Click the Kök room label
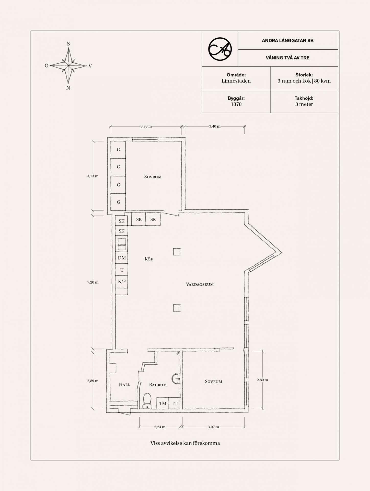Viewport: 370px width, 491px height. click(x=149, y=259)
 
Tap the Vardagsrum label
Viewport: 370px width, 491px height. click(x=200, y=284)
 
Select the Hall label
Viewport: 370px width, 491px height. click(x=124, y=384)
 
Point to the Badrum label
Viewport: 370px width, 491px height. click(x=158, y=385)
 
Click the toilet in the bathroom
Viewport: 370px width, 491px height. click(x=147, y=401)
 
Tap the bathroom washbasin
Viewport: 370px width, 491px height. click(x=176, y=379)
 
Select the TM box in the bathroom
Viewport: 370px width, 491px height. click(x=163, y=404)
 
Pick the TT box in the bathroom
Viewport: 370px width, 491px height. click(x=175, y=404)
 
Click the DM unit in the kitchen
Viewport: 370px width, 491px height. click(x=122, y=258)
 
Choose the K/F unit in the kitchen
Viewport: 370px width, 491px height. click(x=122, y=282)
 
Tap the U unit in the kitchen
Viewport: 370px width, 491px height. click(x=122, y=270)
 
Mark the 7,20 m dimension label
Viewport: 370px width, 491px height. click(x=93, y=282)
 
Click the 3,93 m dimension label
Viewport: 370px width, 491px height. click(x=146, y=126)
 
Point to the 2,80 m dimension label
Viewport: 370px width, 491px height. click(x=262, y=380)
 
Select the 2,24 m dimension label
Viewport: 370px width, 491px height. click(x=160, y=427)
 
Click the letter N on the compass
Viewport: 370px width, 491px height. click(x=68, y=88)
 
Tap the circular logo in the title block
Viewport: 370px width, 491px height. click(x=220, y=49)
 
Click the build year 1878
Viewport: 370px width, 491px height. click(x=236, y=104)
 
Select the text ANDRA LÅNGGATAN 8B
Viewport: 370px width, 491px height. click(x=288, y=41)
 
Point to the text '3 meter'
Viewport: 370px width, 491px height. click(x=304, y=104)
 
